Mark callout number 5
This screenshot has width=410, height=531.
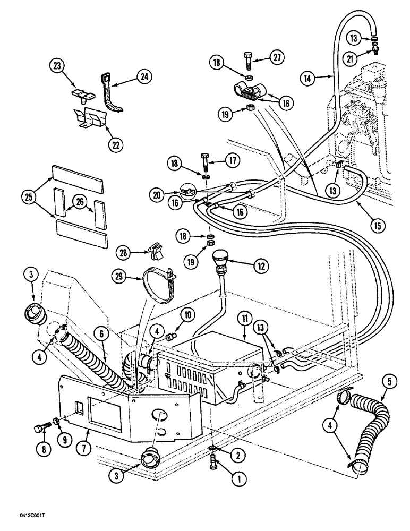point(383,381)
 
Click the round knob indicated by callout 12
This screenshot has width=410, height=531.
point(220,261)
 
